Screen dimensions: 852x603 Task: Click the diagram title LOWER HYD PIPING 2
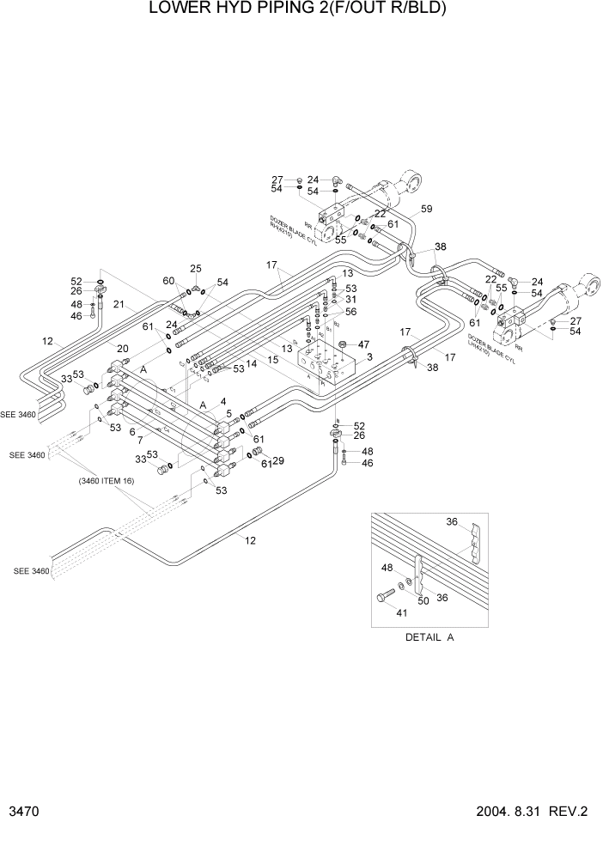[x=298, y=9]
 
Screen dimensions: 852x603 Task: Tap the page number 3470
[x=26, y=812]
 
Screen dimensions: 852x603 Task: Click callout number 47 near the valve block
[x=363, y=344]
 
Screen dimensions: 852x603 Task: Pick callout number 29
[x=277, y=461]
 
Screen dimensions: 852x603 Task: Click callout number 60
[x=169, y=280]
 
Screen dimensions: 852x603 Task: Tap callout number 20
[x=124, y=348]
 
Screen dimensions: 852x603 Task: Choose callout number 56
[x=350, y=312]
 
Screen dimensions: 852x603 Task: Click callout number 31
[x=350, y=300]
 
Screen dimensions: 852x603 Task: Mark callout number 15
[x=271, y=360]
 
